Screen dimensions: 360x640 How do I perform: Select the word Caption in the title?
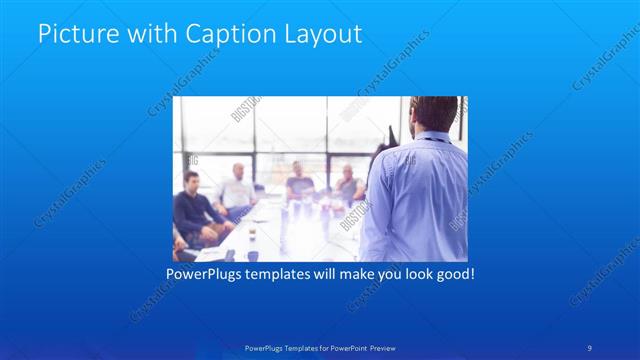click(222, 33)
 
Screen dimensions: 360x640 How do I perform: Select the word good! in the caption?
click(455, 272)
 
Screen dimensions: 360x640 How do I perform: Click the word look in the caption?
click(413, 272)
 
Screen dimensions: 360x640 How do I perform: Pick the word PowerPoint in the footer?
click(344, 347)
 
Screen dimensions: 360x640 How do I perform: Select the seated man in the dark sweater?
click(193, 208)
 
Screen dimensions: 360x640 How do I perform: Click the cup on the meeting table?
click(252, 236)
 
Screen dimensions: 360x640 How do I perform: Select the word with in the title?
click(147, 33)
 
